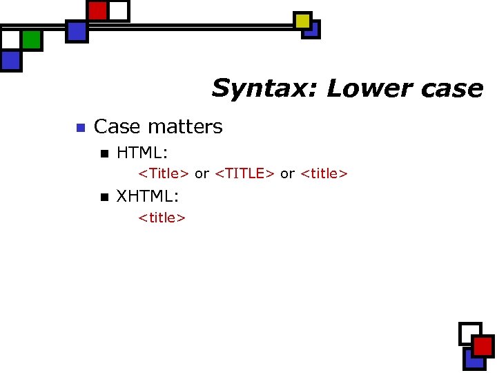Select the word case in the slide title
(452, 89)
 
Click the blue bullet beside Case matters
(79, 128)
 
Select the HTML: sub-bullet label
(142, 152)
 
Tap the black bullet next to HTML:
(104, 153)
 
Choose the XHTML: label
(148, 197)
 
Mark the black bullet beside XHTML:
(104, 198)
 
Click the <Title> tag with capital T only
(164, 174)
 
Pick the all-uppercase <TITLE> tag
(245, 174)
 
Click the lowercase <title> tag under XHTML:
(162, 218)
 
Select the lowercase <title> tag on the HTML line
(324, 174)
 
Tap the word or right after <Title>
(202, 174)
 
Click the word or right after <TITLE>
(287, 174)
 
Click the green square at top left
(31, 39)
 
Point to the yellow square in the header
(302, 21)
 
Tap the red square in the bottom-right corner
(483, 346)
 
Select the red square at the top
(98, 10)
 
